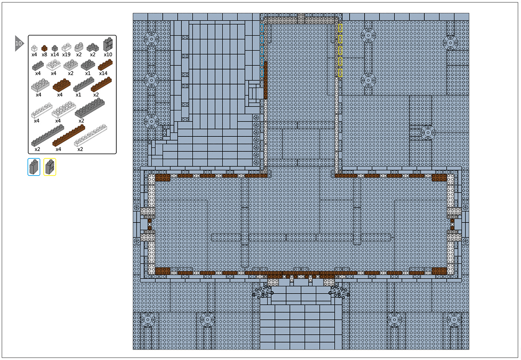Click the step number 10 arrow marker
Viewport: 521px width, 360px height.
19,43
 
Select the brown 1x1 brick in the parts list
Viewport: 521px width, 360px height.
44,48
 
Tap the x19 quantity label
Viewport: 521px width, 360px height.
66,54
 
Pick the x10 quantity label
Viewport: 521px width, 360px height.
108,54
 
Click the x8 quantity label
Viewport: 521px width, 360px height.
44,54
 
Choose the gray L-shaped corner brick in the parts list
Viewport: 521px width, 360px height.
93,47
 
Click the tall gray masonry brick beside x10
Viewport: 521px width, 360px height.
108,45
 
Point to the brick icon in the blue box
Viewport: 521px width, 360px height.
34,167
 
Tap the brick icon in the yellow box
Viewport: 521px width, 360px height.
50,167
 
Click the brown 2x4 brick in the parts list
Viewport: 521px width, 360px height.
62,85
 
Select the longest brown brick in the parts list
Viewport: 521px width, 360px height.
69,135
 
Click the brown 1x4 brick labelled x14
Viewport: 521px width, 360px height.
105,65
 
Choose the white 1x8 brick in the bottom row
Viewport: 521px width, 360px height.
91,135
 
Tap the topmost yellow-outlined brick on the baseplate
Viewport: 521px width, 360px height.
340,28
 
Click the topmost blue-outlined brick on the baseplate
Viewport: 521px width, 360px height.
262,28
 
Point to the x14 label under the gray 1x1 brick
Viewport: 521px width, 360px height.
55,54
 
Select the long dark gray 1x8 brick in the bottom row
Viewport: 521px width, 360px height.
48,135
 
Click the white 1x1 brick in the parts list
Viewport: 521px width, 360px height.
34,48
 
